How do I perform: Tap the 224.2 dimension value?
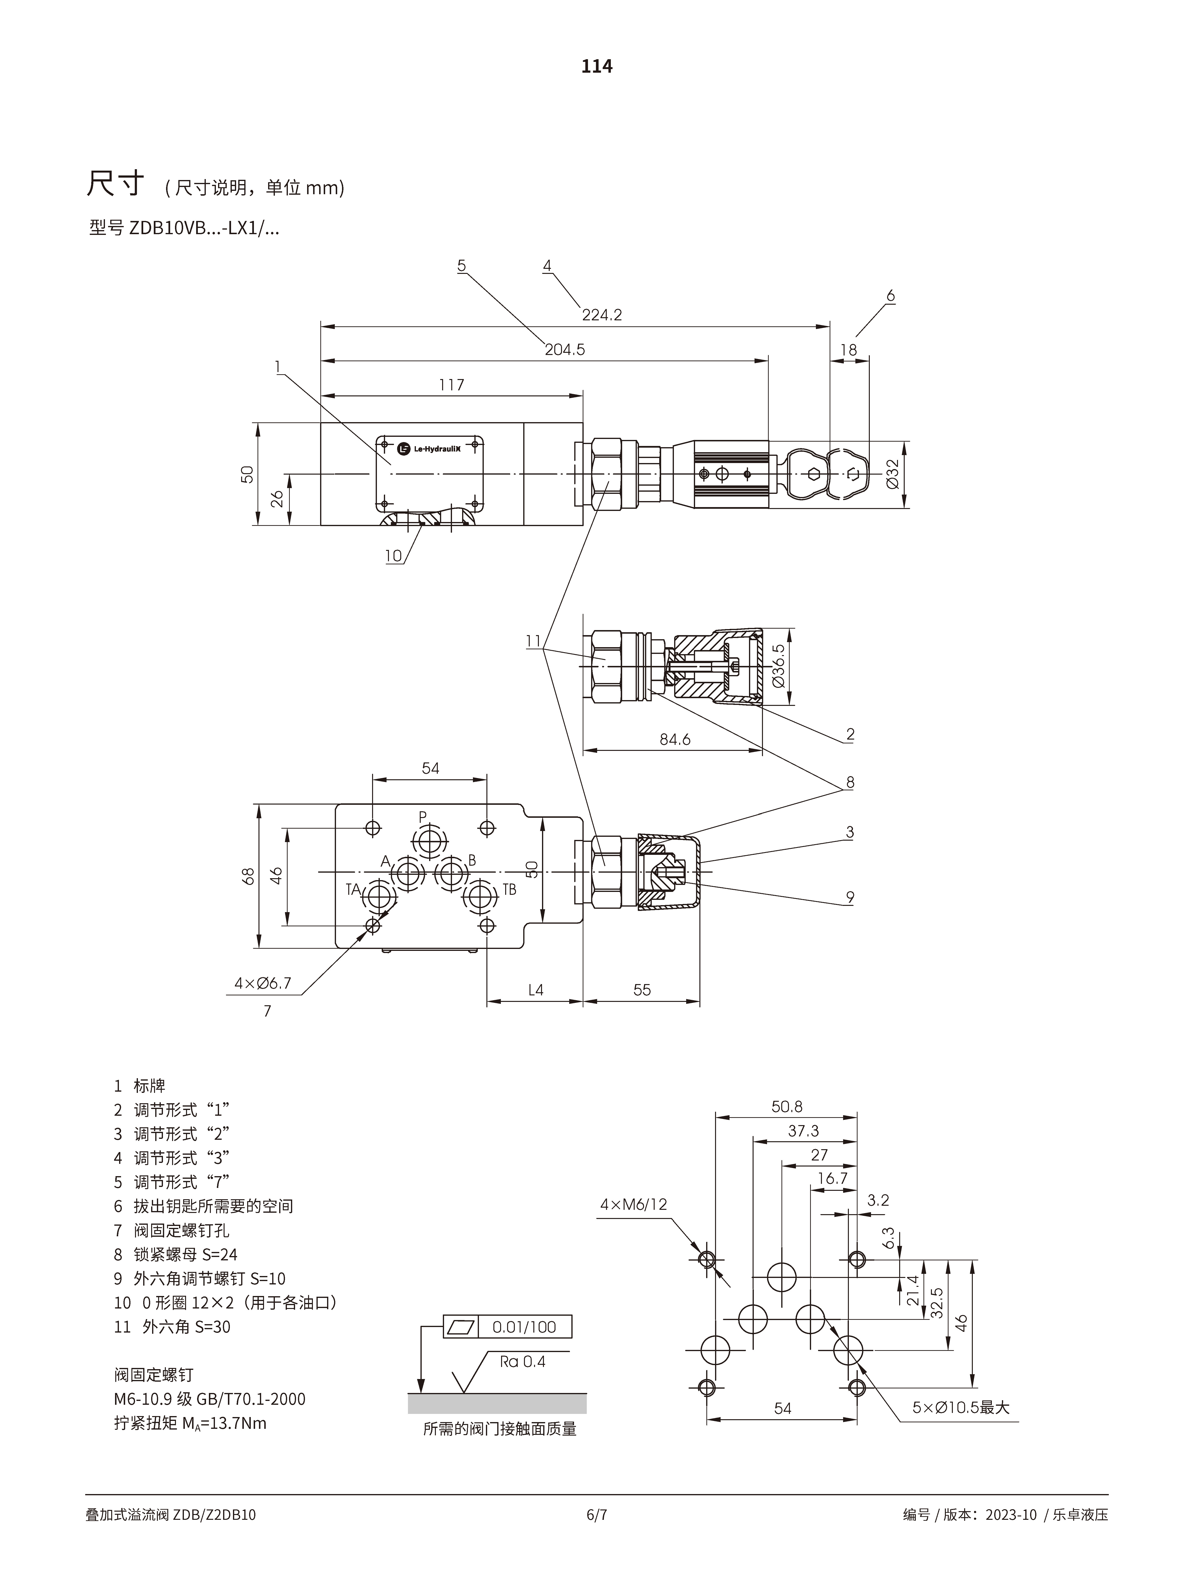click(602, 315)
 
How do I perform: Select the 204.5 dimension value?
click(565, 350)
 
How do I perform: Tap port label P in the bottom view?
click(423, 817)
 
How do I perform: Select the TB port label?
click(509, 889)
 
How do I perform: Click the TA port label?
click(353, 889)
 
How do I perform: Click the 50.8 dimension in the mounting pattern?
click(787, 1106)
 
